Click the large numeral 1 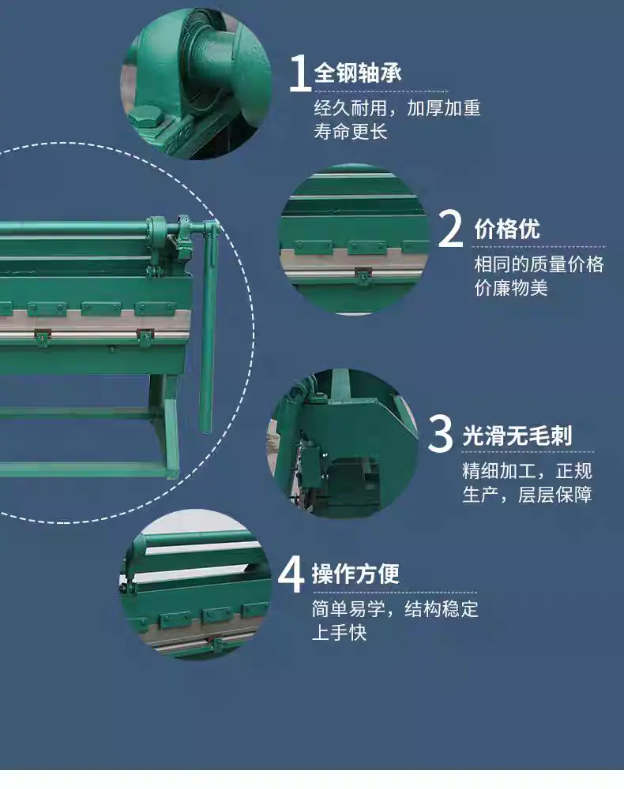point(301,73)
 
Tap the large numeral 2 point(450,229)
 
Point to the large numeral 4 point(291,574)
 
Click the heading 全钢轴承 point(358,73)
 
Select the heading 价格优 point(506,230)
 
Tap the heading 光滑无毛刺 point(517,436)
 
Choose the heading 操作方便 point(355,574)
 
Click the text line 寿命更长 point(351,132)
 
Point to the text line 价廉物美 point(511,288)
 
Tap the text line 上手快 point(339,633)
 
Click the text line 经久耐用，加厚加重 point(397,108)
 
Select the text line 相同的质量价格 point(539,264)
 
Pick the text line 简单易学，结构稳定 point(395,609)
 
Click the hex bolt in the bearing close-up point(147,118)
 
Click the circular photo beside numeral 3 point(344,443)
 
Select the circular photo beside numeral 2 point(354,239)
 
